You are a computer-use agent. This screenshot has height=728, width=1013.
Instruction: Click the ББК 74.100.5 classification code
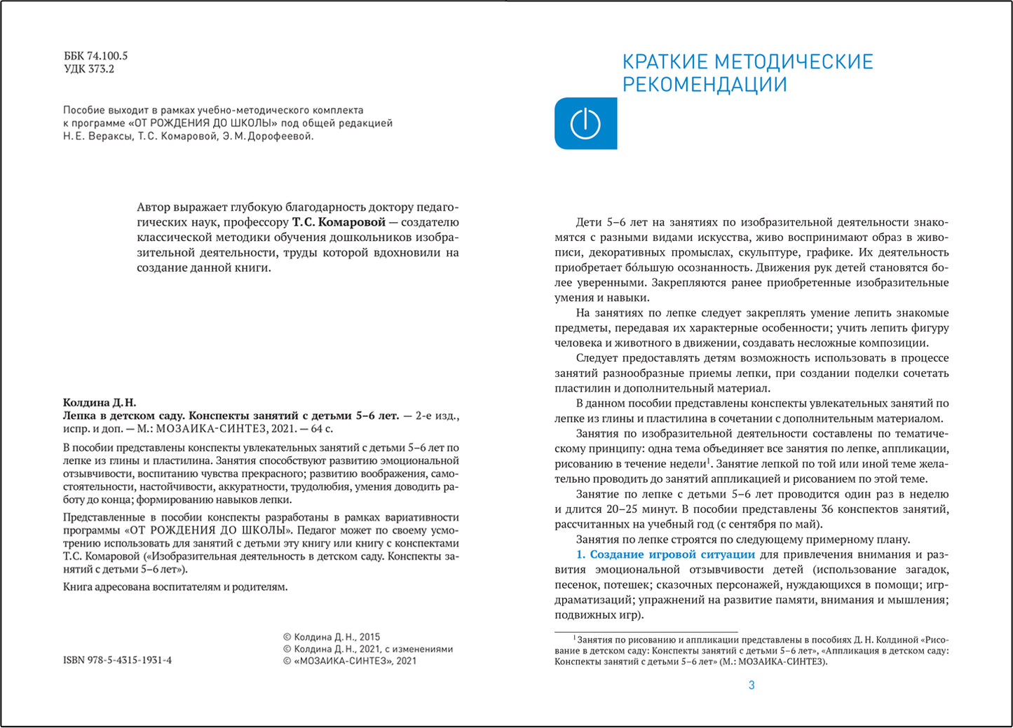pos(95,56)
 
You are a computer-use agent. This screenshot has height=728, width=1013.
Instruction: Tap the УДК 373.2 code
pos(89,69)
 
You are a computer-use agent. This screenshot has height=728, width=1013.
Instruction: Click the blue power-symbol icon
pos(585,124)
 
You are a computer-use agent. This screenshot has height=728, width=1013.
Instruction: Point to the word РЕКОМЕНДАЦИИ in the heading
pos(705,85)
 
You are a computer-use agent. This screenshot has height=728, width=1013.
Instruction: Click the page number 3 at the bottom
pos(752,685)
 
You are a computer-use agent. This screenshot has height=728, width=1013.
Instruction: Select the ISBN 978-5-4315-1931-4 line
pos(117,661)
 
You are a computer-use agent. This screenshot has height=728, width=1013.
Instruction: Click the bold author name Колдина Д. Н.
pos(100,403)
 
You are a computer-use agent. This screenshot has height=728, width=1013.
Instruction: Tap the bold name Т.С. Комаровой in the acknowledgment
pos(339,222)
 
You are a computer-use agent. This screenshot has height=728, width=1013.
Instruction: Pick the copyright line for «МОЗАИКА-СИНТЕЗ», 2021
pos(349,661)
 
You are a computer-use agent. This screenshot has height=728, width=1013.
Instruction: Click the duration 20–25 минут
pos(631,509)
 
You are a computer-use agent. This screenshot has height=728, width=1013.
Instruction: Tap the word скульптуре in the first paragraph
pos(742,252)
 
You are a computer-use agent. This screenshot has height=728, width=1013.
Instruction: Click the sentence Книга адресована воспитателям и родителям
pos(175,587)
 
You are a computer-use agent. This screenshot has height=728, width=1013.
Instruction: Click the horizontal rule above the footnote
pos(646,632)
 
